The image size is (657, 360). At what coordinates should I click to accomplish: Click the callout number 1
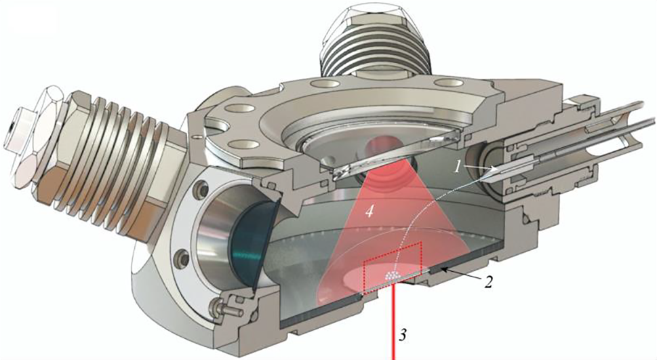[458, 167]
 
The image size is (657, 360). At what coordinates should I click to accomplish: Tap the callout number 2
[487, 282]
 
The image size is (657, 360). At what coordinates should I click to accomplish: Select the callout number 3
[402, 336]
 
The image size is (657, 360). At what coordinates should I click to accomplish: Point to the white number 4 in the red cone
[369, 212]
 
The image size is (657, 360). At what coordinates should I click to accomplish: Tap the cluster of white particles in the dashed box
[392, 275]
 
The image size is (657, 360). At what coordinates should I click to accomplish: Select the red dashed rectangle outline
[392, 268]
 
